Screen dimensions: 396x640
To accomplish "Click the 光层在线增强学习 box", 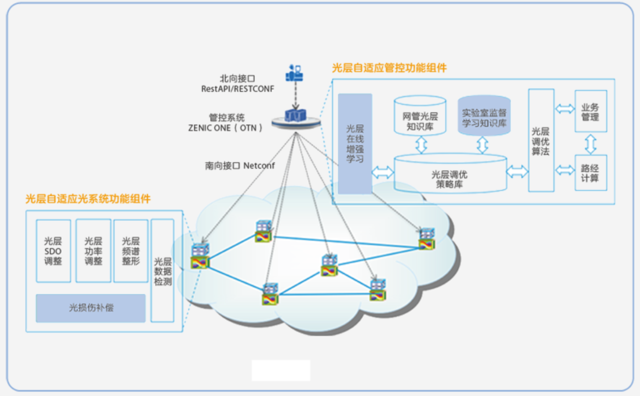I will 355,144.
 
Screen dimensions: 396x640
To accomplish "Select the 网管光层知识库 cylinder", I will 420,116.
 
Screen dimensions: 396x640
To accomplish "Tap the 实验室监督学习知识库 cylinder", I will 484,117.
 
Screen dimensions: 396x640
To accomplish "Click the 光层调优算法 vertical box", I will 541,140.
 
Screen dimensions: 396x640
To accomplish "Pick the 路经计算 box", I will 590,173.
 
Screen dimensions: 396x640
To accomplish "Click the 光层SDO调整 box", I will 53,251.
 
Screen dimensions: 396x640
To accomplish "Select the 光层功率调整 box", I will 93,251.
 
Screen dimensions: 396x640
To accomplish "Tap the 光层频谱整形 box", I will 131,251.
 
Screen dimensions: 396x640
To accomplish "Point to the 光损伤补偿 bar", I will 91,308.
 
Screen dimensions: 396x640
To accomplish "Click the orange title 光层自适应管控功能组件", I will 389,68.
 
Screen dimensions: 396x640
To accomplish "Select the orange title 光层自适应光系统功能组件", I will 88,199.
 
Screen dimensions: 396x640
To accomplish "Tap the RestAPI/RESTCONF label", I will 237,88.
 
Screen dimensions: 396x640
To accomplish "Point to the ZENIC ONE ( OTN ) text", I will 225,128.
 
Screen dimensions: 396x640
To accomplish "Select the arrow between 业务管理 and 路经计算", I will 590,143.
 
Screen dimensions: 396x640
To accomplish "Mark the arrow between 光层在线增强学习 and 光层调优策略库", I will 382,173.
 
